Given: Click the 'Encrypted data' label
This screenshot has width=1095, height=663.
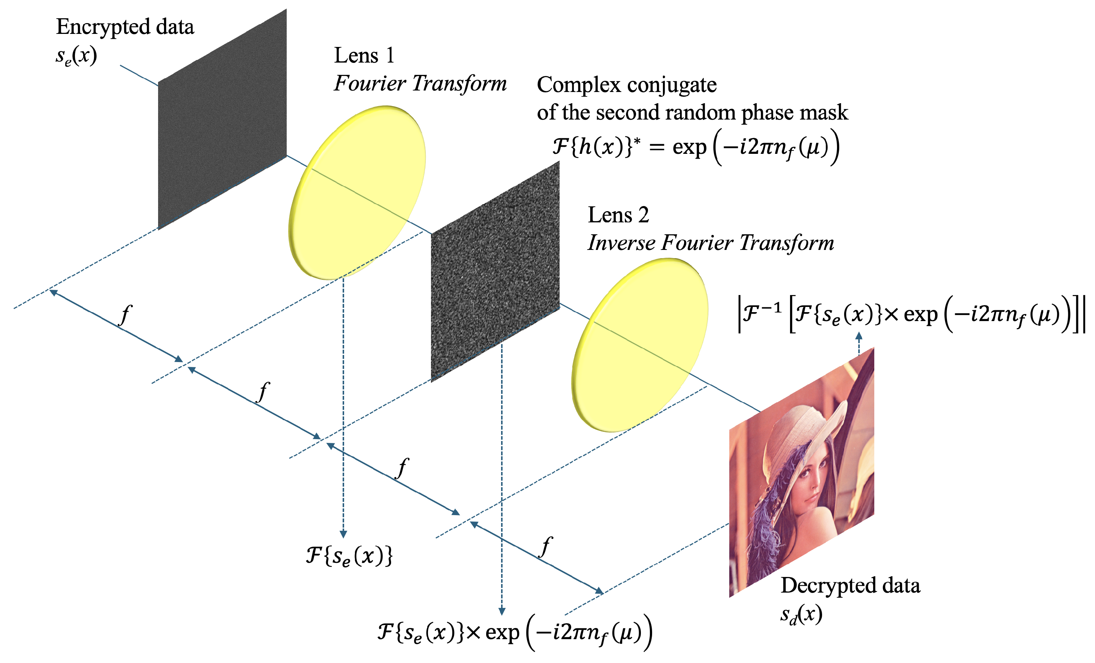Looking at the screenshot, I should coord(125,27).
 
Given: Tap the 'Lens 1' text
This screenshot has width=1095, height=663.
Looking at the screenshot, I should coord(364,55).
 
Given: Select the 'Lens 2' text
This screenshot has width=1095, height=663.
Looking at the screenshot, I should coord(618,215).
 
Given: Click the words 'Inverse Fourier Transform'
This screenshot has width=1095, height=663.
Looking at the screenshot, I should coord(711,243).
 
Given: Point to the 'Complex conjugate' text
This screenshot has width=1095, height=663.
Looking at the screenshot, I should coord(627,85).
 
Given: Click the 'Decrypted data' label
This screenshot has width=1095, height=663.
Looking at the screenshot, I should coord(850,585).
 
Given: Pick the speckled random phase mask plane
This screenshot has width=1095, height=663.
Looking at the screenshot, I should coord(495,271).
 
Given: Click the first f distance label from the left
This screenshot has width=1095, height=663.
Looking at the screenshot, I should coord(126,315).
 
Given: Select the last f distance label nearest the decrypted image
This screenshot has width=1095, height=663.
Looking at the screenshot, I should coord(546,546).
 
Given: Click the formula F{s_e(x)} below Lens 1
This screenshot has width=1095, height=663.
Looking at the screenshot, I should coord(349,555).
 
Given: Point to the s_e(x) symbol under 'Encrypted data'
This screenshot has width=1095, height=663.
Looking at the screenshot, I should coord(76,56).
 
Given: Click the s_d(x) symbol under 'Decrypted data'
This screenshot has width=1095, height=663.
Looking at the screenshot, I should coord(801,615).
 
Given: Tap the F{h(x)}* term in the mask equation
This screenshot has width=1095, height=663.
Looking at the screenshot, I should coord(596,146).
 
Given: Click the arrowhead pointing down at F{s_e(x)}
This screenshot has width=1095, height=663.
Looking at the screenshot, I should coord(343,533).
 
